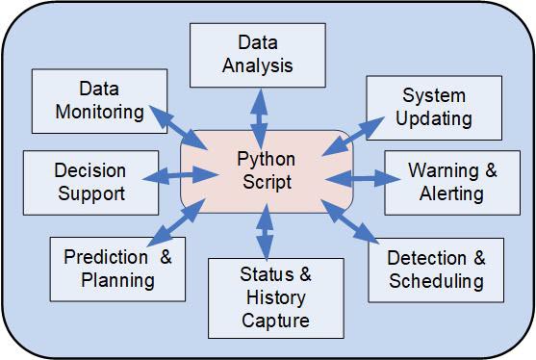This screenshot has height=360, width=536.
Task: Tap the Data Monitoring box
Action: [99, 99]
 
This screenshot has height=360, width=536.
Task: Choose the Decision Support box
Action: [89, 182]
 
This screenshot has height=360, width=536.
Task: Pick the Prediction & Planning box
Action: [117, 268]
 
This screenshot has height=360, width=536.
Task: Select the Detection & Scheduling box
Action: [435, 270]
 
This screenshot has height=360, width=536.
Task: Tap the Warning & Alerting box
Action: [452, 181]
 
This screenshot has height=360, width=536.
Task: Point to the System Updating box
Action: [434, 107]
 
